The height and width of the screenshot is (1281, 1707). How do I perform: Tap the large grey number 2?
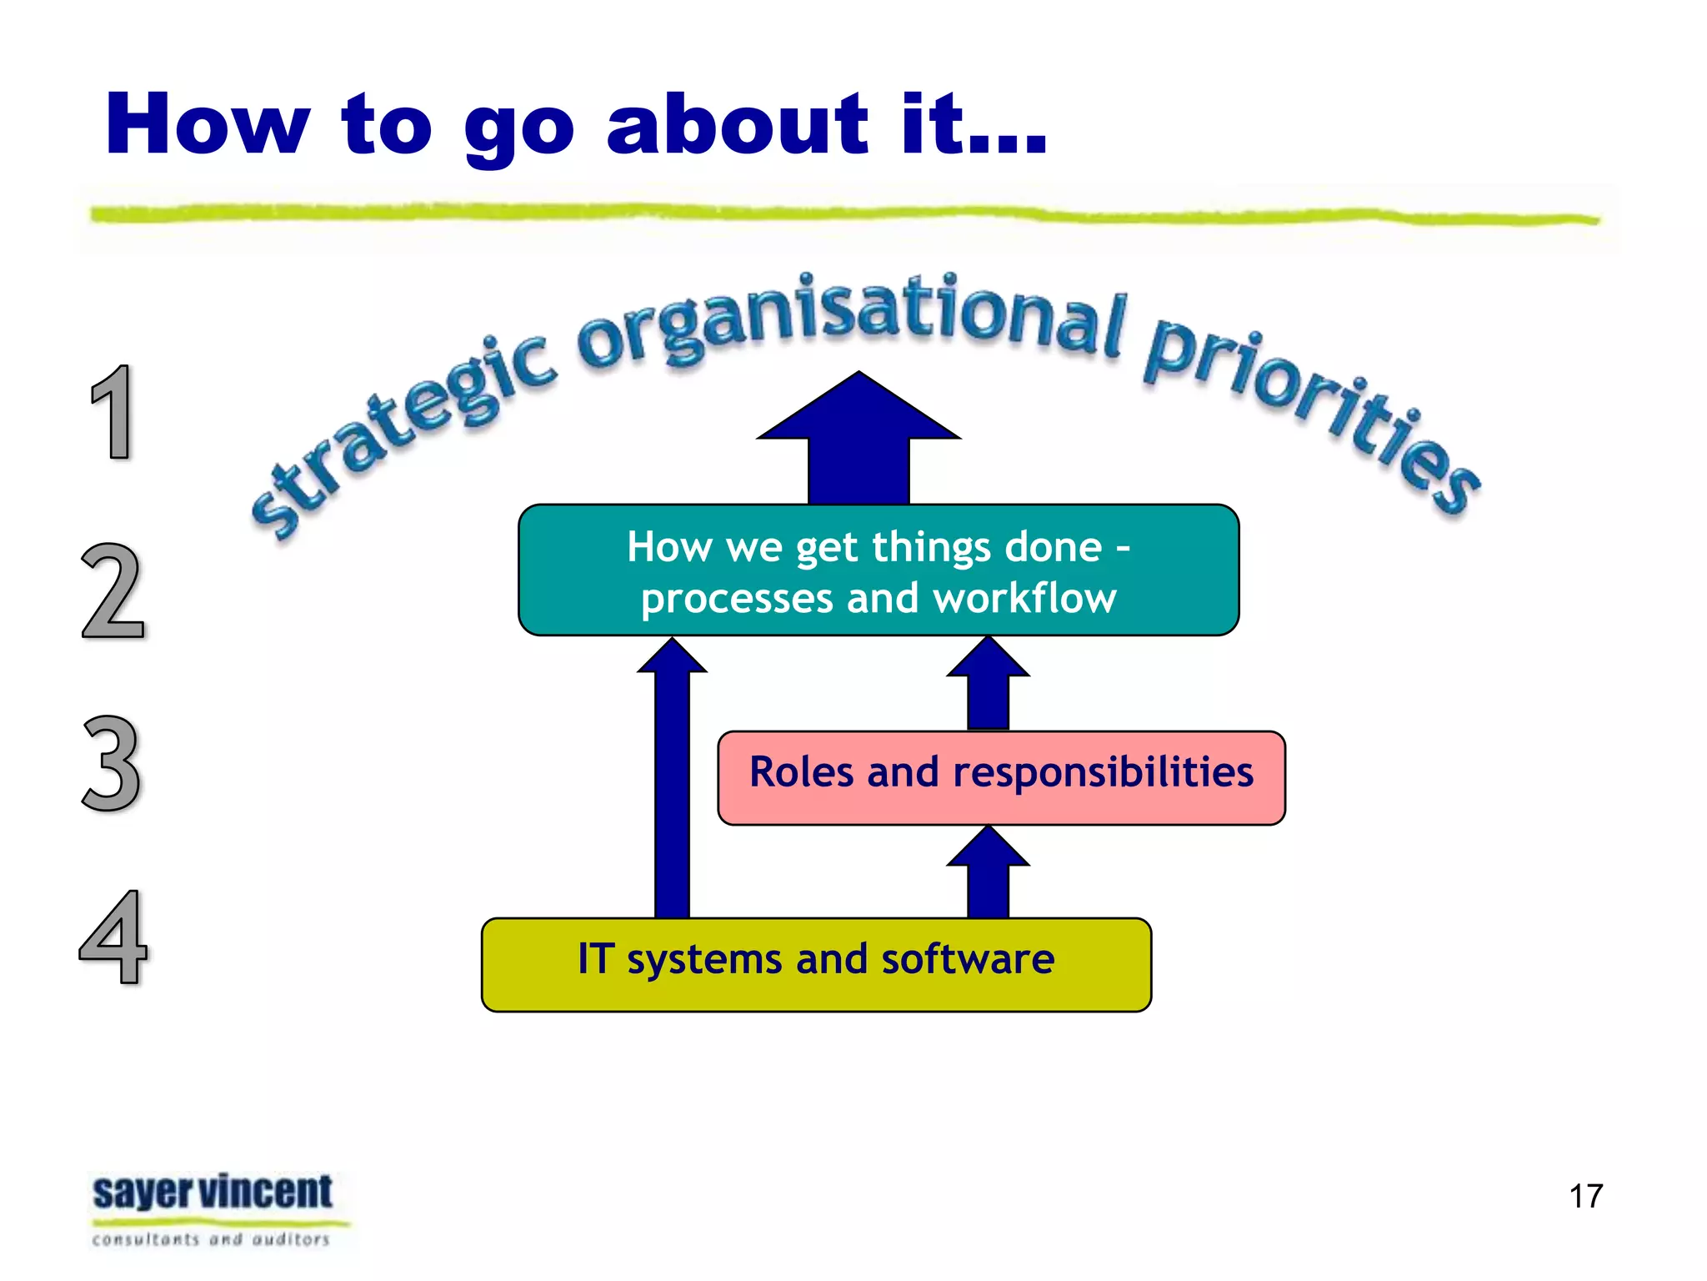pos(113,590)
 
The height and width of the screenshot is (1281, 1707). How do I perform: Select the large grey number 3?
pos(112,763)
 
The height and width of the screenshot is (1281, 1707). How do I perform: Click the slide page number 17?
pos(1585,1196)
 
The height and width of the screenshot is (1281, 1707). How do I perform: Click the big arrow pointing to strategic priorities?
pos(859,442)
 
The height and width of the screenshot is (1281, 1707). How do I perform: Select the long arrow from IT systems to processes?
pos(672,784)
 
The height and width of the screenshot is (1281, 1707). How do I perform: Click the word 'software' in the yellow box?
pos(968,959)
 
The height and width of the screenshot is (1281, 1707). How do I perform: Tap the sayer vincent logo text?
pos(213,1193)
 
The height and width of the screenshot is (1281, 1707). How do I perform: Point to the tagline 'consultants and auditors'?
pos(211,1240)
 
